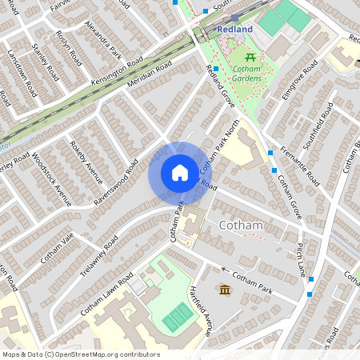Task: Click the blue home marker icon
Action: (x=179, y=173)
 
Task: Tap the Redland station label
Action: (x=234, y=30)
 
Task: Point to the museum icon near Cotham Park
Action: (x=225, y=289)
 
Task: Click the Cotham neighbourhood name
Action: (x=241, y=226)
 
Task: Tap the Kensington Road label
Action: (x=117, y=70)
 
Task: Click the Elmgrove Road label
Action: (x=298, y=83)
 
